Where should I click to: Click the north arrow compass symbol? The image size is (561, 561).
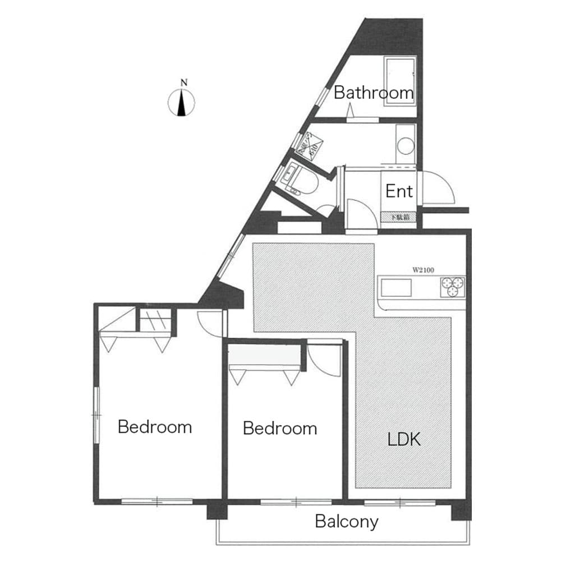point(182,103)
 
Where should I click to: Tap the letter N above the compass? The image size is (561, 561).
point(183,83)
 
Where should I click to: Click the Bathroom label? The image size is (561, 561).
point(373,93)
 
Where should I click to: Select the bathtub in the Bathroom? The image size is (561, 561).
point(400,79)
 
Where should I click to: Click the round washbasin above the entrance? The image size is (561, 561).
point(404,146)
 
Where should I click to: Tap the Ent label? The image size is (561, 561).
point(399,191)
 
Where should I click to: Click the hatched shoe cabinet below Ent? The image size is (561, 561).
point(399,217)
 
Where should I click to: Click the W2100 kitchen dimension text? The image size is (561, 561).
point(424,269)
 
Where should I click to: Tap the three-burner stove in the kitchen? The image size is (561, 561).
point(452,287)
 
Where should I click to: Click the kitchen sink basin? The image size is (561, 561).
point(396,288)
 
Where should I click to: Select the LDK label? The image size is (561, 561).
point(404,439)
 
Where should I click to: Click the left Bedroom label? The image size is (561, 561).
point(154,427)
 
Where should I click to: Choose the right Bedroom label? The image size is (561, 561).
point(279,429)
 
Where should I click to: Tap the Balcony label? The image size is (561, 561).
point(346,522)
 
